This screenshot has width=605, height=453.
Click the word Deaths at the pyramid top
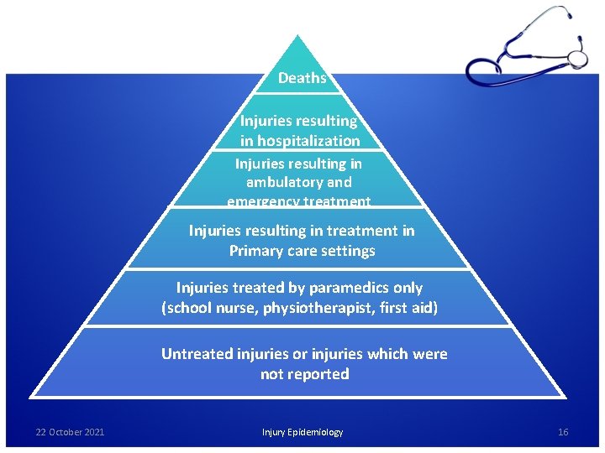pyautogui.click(x=302, y=78)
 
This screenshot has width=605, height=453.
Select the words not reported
pyautogui.click(x=304, y=374)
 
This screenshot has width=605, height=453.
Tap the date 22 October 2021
pyautogui.click(x=70, y=432)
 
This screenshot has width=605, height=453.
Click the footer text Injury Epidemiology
pyautogui.click(x=302, y=432)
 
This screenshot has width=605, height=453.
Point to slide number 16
pyautogui.click(x=563, y=432)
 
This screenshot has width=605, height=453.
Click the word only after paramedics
pyautogui.click(x=406, y=288)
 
